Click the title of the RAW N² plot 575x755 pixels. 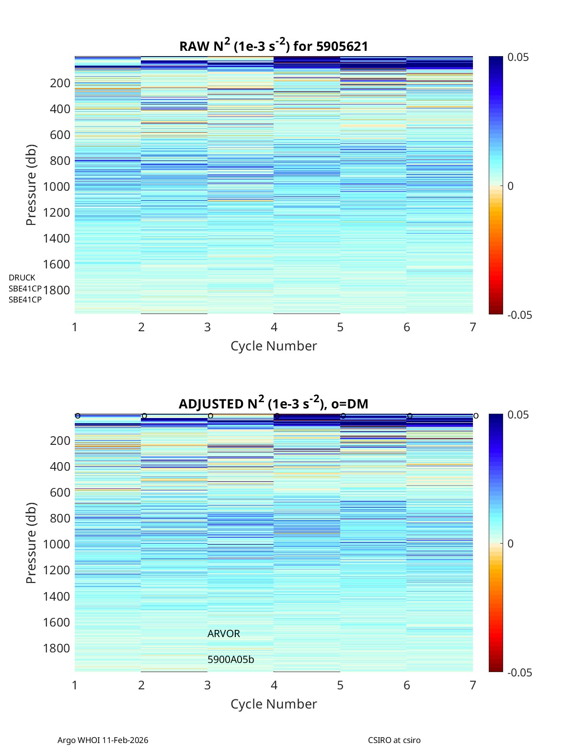click(x=274, y=46)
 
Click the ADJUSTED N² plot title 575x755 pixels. click(x=274, y=404)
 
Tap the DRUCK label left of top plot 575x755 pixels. click(x=22, y=278)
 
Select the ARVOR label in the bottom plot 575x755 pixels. click(x=224, y=634)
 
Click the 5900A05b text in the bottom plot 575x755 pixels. click(x=231, y=660)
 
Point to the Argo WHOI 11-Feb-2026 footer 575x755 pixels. click(x=103, y=740)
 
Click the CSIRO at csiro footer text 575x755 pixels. click(x=394, y=740)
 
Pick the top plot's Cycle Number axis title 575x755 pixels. click(x=274, y=346)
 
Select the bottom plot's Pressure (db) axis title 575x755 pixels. click(x=32, y=543)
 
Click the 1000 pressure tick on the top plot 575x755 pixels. click(x=57, y=186)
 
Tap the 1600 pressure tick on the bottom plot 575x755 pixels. click(x=57, y=622)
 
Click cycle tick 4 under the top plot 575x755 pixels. click(x=274, y=327)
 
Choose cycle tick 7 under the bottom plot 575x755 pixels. click(x=473, y=685)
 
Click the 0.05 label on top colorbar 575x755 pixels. click(x=518, y=58)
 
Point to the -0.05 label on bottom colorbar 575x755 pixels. click(x=520, y=673)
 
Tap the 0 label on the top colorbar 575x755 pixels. click(x=511, y=186)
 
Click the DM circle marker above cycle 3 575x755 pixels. click(x=210, y=416)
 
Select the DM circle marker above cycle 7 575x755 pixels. click(x=476, y=416)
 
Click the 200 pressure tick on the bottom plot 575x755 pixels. click(x=60, y=441)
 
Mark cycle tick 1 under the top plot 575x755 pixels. click(x=75, y=327)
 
